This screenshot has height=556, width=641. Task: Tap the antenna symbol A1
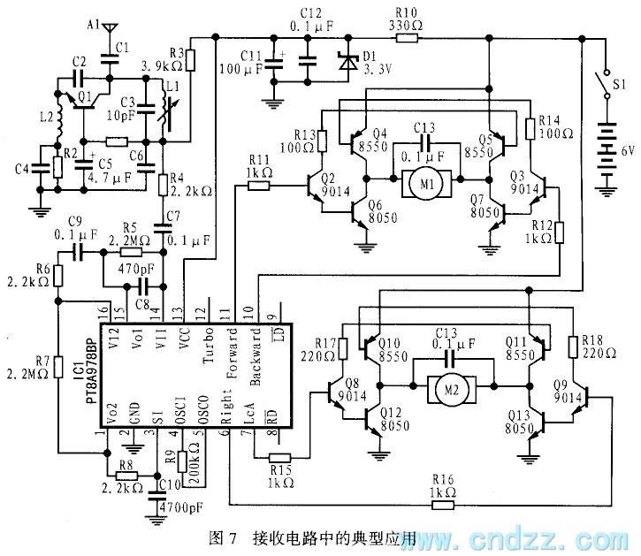coord(108,29)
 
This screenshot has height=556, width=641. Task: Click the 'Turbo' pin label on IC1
coord(209,350)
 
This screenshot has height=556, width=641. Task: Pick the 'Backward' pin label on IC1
coord(256,354)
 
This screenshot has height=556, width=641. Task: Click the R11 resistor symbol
coord(258,186)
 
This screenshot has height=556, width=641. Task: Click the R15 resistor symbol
coord(280,457)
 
